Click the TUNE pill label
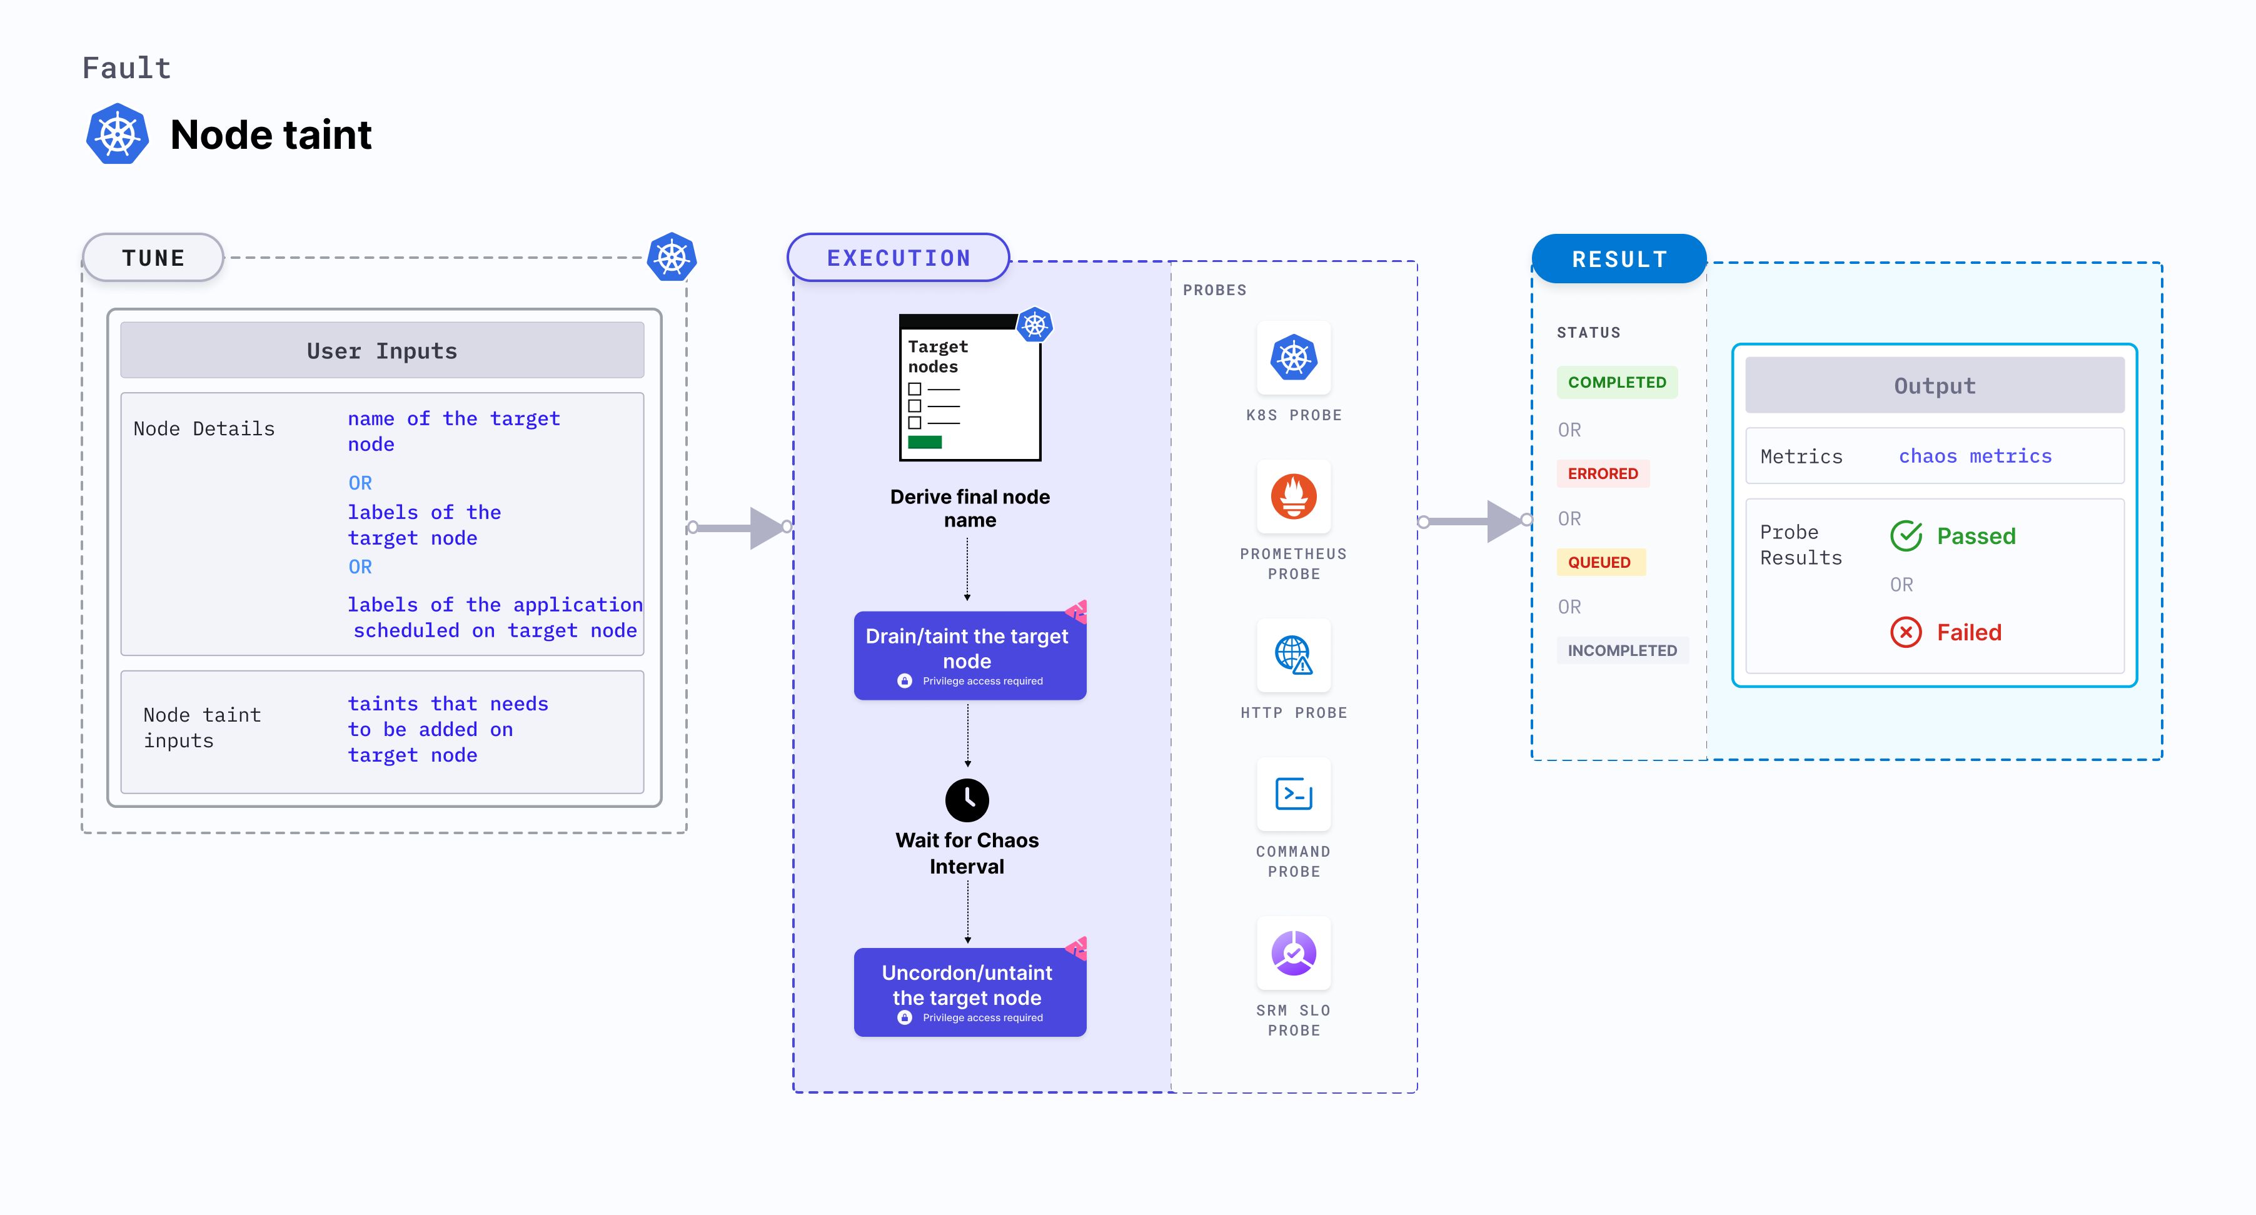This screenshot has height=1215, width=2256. click(x=153, y=258)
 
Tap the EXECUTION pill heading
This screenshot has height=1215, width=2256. click(x=898, y=258)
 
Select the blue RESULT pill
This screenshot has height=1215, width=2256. click(x=1618, y=260)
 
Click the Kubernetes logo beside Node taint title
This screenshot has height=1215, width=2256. click(x=118, y=134)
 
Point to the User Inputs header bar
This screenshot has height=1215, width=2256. click(x=382, y=350)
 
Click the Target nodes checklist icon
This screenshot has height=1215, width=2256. click(x=969, y=387)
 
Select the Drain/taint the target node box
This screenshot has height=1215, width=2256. click(x=969, y=655)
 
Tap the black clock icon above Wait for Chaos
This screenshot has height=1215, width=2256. click(x=967, y=799)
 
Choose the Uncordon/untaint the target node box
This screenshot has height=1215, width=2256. click(x=969, y=992)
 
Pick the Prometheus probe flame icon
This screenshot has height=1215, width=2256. click(x=1294, y=497)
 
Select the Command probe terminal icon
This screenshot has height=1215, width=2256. click(x=1294, y=794)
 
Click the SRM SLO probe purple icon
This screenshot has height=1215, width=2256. click(x=1294, y=953)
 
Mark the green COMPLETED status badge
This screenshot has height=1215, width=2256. click(x=1617, y=382)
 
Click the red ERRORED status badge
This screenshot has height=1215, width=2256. click(x=1603, y=473)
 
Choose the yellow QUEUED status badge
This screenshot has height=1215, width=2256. click(x=1600, y=562)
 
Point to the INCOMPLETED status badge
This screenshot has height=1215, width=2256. click(x=1622, y=650)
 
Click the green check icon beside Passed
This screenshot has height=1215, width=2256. click(x=1906, y=535)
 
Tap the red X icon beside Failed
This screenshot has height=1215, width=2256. click(x=1906, y=632)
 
